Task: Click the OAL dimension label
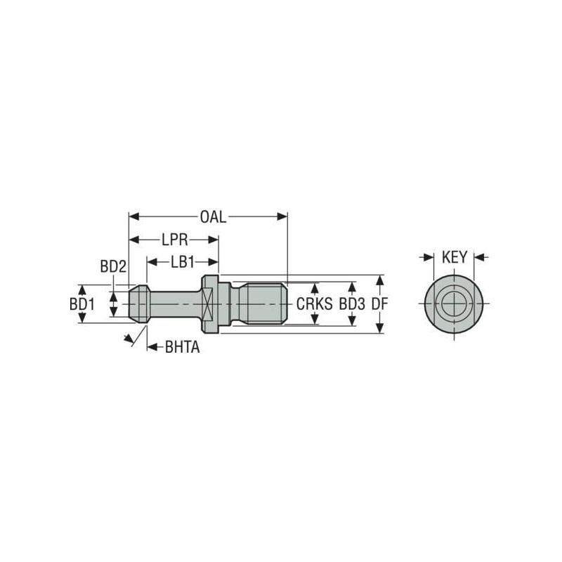click(213, 217)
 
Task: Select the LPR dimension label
click(173, 240)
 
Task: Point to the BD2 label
click(112, 266)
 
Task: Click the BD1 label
click(82, 304)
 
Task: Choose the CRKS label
click(313, 304)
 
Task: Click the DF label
click(380, 304)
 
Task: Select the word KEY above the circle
click(455, 257)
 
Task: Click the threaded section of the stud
click(264, 304)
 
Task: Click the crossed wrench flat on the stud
click(207, 304)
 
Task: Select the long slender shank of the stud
click(172, 304)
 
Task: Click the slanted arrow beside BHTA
click(129, 339)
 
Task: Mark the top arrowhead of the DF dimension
click(380, 279)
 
